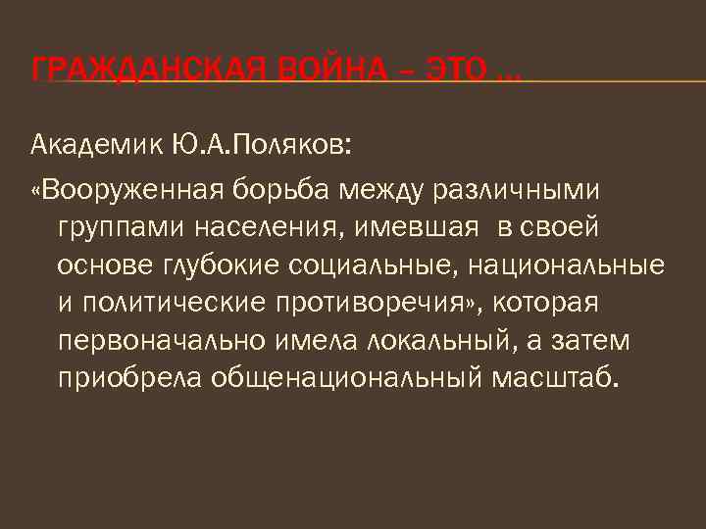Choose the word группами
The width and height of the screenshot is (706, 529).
pyautogui.click(x=121, y=226)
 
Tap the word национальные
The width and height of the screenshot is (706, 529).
pyautogui.click(x=568, y=264)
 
